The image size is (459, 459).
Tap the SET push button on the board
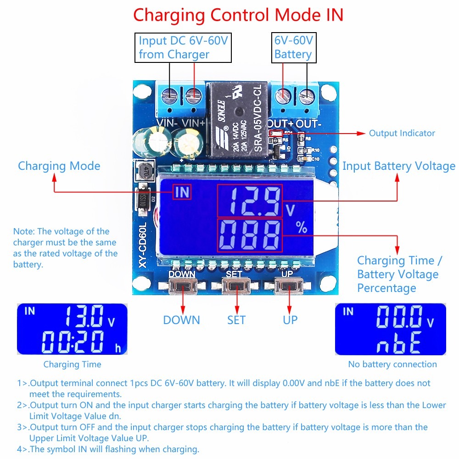(236, 287)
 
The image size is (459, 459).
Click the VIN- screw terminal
(170, 95)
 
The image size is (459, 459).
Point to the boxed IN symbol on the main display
(182, 192)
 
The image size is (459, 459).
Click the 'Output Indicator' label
(402, 133)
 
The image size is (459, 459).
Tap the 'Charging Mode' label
(59, 166)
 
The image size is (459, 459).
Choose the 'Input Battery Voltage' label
(398, 166)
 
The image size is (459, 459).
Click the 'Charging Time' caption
(72, 364)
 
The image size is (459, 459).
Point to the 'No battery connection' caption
(392, 364)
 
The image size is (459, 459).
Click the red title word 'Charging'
(169, 15)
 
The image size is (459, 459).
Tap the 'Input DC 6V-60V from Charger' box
(183, 47)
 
